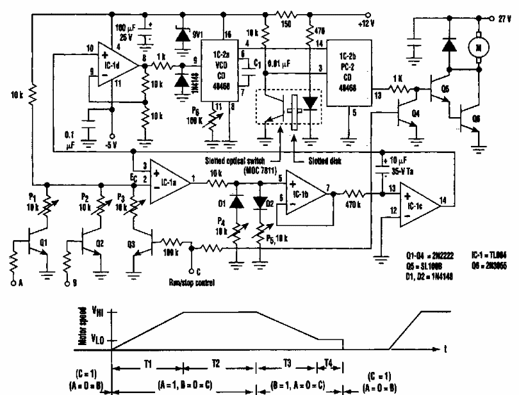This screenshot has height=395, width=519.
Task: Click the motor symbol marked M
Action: point(477,45)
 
